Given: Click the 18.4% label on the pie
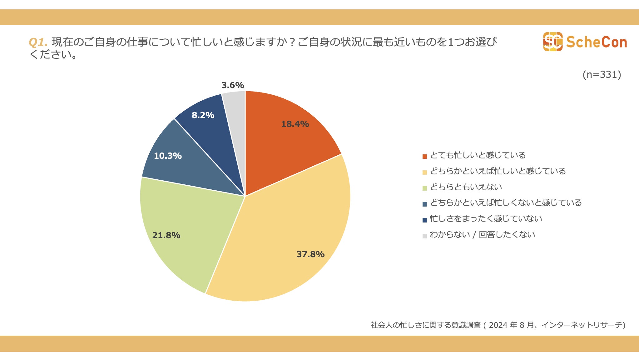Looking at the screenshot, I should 295,124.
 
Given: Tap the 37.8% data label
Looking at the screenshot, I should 310,254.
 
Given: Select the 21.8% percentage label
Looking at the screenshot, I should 166,235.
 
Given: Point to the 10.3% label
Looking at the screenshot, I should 168,156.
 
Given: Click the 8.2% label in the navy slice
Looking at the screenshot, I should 203,115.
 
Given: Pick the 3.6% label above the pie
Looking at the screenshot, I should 232,85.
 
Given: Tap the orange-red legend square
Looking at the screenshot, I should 424,156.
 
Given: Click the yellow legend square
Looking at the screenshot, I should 424,172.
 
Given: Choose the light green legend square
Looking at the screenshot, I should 424,188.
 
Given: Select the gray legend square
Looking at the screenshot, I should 424,236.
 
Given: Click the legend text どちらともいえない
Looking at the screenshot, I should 466,187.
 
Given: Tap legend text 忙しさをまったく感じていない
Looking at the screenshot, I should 486,218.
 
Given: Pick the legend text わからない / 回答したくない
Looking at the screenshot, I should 482,234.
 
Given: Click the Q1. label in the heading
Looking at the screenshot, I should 38,42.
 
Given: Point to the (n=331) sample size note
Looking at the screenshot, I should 602,74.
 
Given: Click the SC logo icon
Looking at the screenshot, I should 552,42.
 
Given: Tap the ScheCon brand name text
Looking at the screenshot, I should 597,42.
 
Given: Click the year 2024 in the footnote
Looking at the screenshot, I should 498,325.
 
